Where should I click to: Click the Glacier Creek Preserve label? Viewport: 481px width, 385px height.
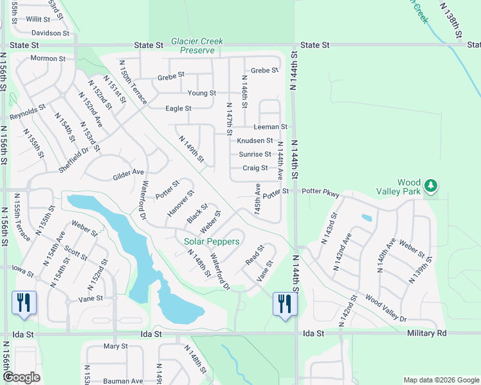point(197,45)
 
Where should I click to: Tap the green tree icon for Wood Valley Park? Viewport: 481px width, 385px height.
point(432,186)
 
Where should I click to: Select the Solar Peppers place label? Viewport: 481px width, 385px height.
point(212,242)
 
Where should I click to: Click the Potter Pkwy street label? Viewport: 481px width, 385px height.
point(320,192)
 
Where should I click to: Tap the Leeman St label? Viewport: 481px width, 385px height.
point(270,127)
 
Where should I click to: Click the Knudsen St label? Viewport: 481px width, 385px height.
point(255,141)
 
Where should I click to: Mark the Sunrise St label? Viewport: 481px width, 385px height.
point(255,155)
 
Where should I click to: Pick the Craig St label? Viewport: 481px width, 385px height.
point(255,168)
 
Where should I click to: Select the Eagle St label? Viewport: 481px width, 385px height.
point(178,108)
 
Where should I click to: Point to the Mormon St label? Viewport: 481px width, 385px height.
point(49,58)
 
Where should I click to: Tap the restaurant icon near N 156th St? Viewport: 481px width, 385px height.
point(24,303)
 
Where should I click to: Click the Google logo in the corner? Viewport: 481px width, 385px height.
point(21,377)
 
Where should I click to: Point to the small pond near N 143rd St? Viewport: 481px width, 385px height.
point(367,218)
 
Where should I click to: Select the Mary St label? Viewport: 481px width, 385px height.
point(116,346)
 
